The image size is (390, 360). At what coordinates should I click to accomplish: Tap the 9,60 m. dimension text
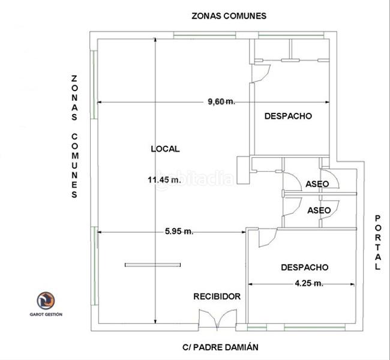pos(221,101)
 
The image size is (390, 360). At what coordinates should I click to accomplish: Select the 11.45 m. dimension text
pos(164,179)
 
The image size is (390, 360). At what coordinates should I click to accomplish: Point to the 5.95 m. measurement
pos(179,232)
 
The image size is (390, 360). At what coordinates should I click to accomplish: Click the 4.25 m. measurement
pos(309,283)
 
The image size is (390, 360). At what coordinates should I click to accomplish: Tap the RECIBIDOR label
pos(217,296)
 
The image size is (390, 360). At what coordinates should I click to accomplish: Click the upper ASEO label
pos(317,184)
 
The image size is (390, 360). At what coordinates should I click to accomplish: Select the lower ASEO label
pos(319,211)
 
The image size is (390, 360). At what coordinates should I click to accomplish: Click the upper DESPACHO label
pos(288,116)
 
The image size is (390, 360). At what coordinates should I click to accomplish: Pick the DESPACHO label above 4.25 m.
pos(305,268)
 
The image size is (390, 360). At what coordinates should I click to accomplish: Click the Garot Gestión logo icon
pos(46,301)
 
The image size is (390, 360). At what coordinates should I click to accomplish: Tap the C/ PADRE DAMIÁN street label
pos(220,347)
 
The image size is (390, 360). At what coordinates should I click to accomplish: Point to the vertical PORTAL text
pos(378,242)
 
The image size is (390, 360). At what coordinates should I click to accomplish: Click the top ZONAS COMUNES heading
pos(229,16)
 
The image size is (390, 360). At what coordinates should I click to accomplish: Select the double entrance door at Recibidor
pos(217,320)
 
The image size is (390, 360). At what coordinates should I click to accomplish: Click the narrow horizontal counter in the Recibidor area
pos(153,265)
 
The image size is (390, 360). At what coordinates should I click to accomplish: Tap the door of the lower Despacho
pos(268,238)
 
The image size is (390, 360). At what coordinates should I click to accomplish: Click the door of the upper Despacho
pos(260,73)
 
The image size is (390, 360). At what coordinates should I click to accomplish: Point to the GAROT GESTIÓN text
pos(46,314)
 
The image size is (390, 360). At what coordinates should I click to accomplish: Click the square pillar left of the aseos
pos(243,170)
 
